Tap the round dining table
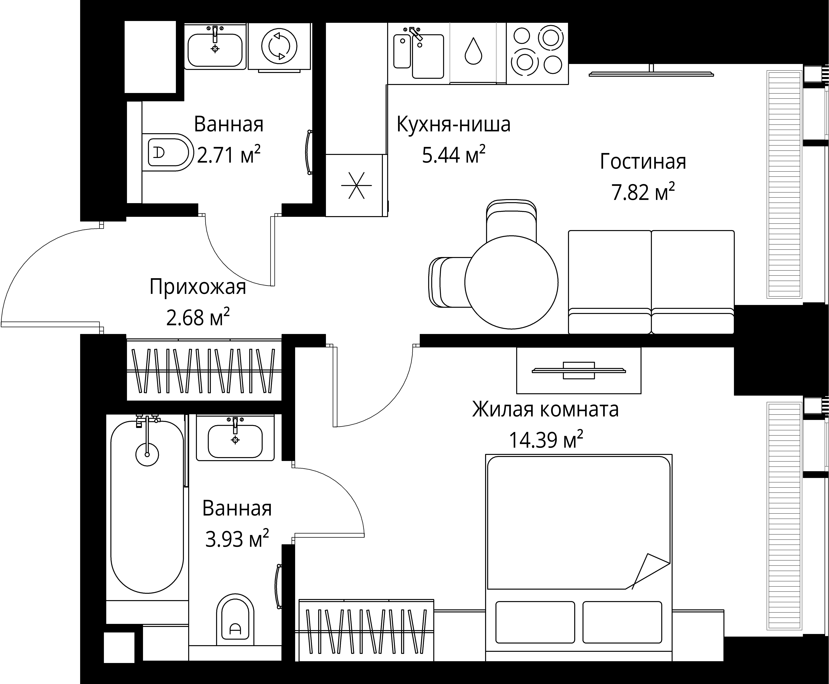tap(511, 282)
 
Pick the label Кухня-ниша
tap(453, 125)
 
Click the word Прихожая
tap(197, 287)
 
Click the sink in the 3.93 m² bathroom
tap(235, 441)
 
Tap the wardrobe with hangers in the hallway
tap(204, 370)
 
